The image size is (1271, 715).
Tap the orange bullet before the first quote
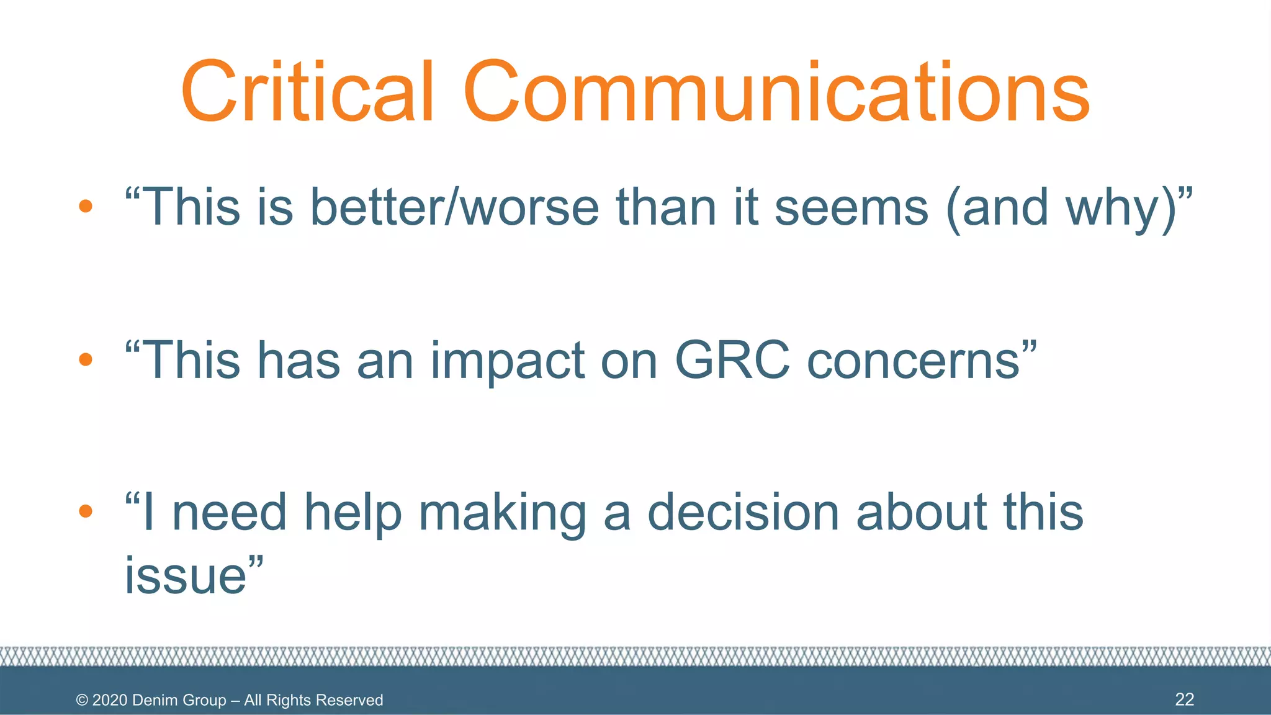86,207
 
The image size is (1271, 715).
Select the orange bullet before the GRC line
86,359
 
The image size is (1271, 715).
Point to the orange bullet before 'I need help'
86,511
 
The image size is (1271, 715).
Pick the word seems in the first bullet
851,207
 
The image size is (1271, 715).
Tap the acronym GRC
732,359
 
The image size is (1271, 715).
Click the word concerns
912,361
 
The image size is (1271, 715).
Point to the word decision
743,512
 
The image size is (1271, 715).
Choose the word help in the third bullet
353,512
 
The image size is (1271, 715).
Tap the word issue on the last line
186,575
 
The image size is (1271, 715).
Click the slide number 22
1184,699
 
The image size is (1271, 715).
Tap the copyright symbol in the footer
82,700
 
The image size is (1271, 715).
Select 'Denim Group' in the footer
179,700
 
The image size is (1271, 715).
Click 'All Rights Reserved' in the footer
313,700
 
